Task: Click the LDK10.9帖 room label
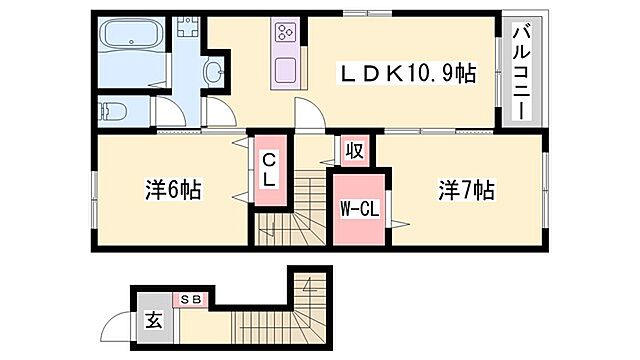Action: pyautogui.click(x=407, y=72)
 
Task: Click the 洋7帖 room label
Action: pyautogui.click(x=464, y=188)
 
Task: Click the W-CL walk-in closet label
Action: pyautogui.click(x=355, y=209)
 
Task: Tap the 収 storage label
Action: pyautogui.click(x=353, y=152)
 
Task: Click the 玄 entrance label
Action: pyautogui.click(x=154, y=321)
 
